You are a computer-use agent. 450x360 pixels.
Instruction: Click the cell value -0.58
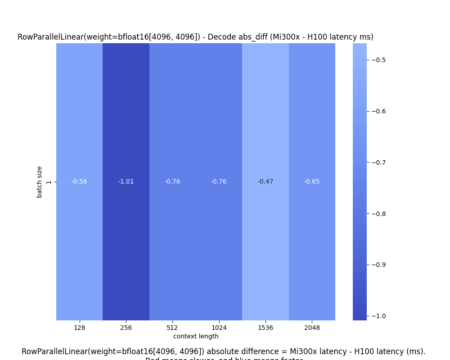(x=79, y=182)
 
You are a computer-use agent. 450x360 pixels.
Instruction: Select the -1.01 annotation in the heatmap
(x=126, y=182)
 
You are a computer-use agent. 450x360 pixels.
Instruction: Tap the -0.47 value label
(x=265, y=182)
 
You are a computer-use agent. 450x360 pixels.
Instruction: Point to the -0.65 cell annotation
(x=312, y=182)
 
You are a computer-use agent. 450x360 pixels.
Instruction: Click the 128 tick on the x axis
(x=79, y=328)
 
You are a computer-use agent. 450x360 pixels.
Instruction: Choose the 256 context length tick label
(x=126, y=328)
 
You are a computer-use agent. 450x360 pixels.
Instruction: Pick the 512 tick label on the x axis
(x=172, y=328)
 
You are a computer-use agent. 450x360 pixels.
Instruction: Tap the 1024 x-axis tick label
(x=219, y=328)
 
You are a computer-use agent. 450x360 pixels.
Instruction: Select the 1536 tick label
(x=265, y=328)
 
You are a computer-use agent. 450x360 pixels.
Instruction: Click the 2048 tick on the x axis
(x=312, y=328)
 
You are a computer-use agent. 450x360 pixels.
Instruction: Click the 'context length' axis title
(x=196, y=336)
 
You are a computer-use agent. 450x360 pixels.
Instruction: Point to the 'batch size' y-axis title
(x=40, y=182)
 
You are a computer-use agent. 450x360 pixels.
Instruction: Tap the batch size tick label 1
(x=49, y=182)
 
